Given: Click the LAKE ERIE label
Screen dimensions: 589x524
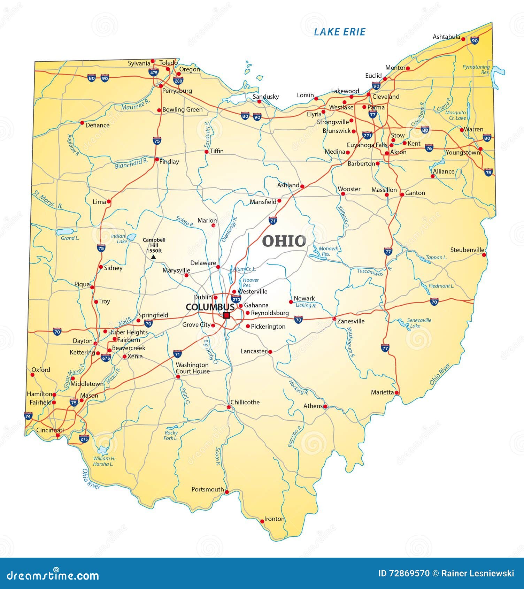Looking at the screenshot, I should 339,32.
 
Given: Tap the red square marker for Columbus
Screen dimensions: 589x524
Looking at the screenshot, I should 226,315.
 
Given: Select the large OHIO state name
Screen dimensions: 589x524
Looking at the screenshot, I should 284,241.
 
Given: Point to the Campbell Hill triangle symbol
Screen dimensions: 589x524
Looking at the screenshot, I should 153,257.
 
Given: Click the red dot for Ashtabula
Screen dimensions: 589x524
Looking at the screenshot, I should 463,39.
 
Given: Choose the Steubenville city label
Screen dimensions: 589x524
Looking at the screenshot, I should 467,250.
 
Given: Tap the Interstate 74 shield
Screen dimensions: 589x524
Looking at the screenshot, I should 28,416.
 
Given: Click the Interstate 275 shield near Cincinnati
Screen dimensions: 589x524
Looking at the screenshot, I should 84,439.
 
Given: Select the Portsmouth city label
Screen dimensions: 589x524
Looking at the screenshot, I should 208,489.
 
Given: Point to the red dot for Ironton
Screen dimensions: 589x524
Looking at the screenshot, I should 262,521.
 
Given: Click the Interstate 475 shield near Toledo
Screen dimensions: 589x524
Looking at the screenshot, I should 153,72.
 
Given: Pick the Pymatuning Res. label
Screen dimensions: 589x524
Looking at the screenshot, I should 476,69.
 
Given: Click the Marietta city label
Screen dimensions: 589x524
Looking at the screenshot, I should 382,392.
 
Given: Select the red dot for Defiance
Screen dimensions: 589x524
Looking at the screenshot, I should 82,123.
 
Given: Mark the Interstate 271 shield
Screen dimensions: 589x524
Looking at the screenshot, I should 367,135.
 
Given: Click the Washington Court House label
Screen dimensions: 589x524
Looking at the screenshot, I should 192,368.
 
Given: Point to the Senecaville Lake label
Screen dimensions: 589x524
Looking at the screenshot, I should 419,323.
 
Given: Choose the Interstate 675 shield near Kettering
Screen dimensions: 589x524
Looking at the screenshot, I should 106,358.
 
